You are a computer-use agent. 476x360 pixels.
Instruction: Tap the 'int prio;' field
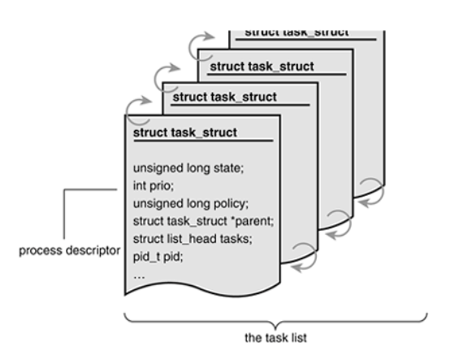click(x=152, y=186)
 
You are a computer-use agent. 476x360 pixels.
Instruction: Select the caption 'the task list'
click(x=276, y=333)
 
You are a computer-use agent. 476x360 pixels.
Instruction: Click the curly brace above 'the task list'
click(x=276, y=315)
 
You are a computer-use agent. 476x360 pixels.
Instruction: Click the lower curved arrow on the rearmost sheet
click(x=371, y=186)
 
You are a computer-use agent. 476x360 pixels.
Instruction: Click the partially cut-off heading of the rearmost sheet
click(x=297, y=32)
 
